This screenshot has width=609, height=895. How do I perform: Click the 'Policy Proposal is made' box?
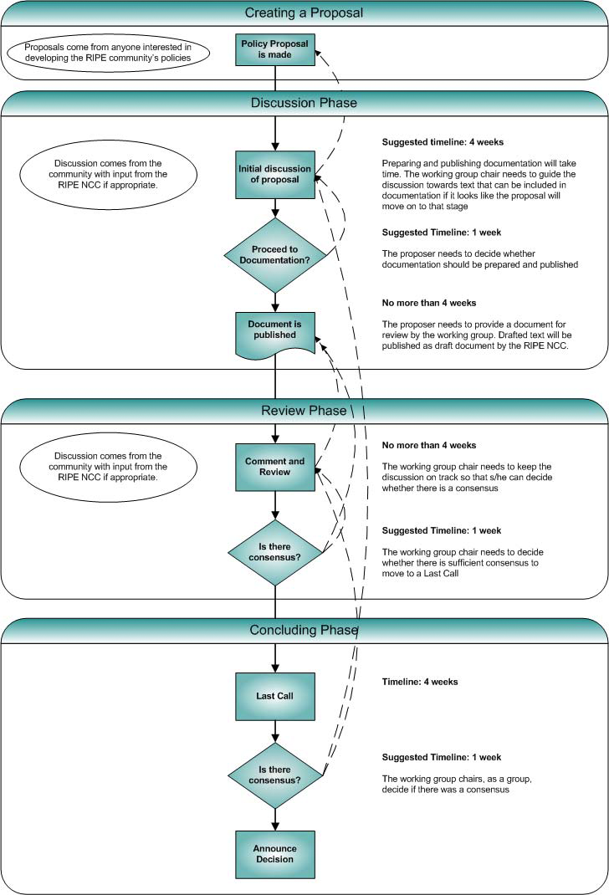pyautogui.click(x=275, y=49)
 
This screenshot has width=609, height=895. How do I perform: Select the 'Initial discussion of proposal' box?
pyautogui.click(x=275, y=174)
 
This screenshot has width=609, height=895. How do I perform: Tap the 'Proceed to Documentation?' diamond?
pyautogui.click(x=275, y=255)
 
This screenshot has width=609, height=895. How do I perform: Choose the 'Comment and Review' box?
pyautogui.click(x=275, y=467)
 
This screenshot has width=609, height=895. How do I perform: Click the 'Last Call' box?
pyautogui.click(x=275, y=695)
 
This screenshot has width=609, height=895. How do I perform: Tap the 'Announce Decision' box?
pyautogui.click(x=275, y=853)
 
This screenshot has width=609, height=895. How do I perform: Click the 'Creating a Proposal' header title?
pyautogui.click(x=304, y=13)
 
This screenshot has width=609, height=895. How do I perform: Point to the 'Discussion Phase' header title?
pyautogui.click(x=304, y=103)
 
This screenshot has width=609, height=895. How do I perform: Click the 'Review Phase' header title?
pyautogui.click(x=304, y=411)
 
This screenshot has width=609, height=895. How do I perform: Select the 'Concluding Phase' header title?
pyautogui.click(x=304, y=630)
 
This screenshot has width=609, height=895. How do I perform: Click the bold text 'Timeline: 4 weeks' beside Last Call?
pyautogui.click(x=420, y=682)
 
